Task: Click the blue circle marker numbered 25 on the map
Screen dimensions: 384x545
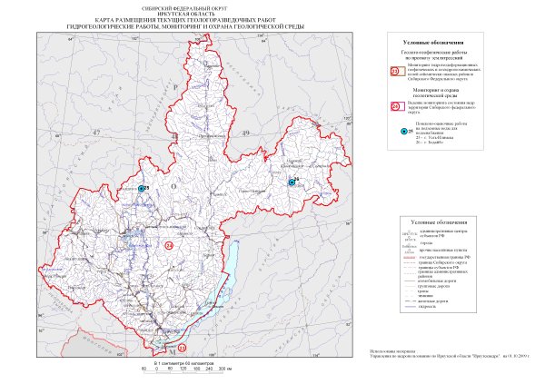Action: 141,189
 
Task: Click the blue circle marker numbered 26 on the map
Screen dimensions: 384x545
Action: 291,182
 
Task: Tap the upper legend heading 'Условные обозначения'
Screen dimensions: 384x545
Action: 444,43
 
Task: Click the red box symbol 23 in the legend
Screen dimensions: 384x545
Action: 394,71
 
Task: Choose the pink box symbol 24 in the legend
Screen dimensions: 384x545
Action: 394,105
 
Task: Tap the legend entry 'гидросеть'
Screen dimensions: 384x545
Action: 431,309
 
